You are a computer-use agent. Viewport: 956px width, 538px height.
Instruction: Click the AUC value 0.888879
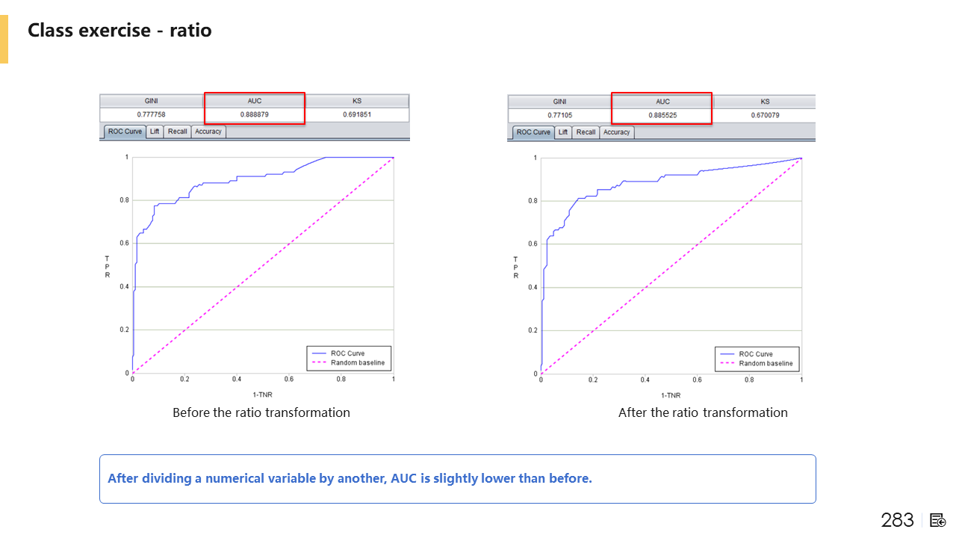coord(254,115)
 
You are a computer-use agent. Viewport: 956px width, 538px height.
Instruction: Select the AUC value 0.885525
coord(662,116)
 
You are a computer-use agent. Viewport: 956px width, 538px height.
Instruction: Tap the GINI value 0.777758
coord(152,115)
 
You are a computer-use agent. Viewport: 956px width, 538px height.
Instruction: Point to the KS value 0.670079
coord(766,116)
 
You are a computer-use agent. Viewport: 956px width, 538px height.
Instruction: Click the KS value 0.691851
coord(357,115)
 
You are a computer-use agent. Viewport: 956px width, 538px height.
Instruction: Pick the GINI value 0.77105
coord(559,116)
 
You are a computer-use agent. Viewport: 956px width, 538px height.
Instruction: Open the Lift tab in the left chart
coord(155,132)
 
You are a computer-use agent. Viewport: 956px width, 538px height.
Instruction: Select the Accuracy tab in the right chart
coord(616,132)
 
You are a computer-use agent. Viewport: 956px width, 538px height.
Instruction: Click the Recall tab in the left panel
coord(178,132)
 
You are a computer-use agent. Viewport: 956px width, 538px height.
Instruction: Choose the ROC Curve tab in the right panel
coord(533,132)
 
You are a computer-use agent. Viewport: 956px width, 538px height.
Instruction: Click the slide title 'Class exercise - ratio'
coord(119,31)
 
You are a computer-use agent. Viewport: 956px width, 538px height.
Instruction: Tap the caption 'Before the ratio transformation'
coord(261,412)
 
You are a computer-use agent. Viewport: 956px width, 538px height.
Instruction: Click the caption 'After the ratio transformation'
coord(703,412)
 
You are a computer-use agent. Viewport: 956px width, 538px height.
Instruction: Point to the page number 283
coord(897,520)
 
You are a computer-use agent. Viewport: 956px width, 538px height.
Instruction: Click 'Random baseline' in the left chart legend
coord(358,363)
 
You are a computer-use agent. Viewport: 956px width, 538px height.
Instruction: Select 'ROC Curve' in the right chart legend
coord(756,354)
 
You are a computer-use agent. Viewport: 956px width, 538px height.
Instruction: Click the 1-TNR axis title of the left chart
coord(262,394)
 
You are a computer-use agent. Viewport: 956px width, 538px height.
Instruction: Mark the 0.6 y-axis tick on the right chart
coord(532,244)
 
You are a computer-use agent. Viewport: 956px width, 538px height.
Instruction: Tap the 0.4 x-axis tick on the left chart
coord(237,380)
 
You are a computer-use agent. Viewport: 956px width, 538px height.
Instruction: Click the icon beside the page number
coord(938,520)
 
